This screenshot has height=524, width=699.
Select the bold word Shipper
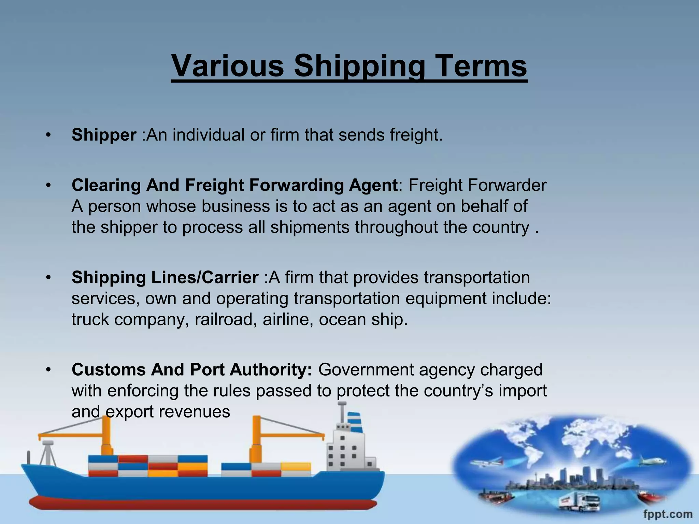click(x=104, y=135)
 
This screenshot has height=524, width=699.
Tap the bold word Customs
click(x=109, y=370)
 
